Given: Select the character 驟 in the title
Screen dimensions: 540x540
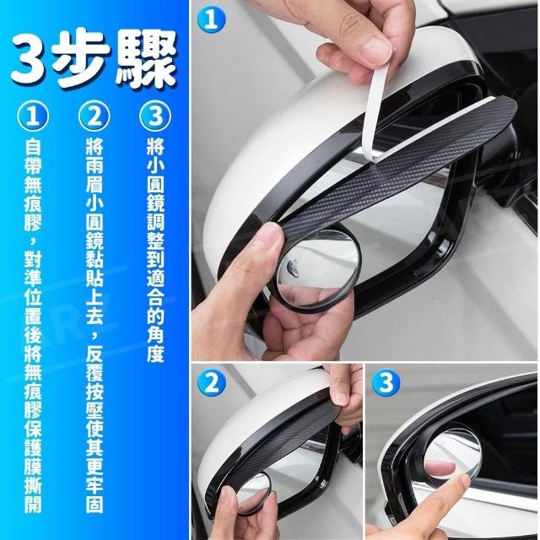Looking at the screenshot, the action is tap(146, 58).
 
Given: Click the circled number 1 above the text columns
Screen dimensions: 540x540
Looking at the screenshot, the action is tap(33, 116).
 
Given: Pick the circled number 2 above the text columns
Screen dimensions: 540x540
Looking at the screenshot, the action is tap(94, 116).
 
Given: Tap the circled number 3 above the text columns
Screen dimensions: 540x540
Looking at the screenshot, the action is tap(155, 116).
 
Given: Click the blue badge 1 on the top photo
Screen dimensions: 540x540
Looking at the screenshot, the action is tap(211, 19).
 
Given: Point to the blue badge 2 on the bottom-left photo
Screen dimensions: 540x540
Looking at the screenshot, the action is tap(212, 383).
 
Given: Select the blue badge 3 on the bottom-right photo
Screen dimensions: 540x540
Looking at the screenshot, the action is tap(386, 383).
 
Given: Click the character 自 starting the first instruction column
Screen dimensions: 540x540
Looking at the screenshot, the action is tap(33, 147).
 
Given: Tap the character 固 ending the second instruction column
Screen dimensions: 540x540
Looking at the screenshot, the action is tap(94, 505).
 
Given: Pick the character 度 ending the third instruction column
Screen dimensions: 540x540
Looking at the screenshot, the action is tap(155, 354).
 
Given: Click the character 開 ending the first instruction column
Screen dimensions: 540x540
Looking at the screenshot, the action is tap(33, 505).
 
